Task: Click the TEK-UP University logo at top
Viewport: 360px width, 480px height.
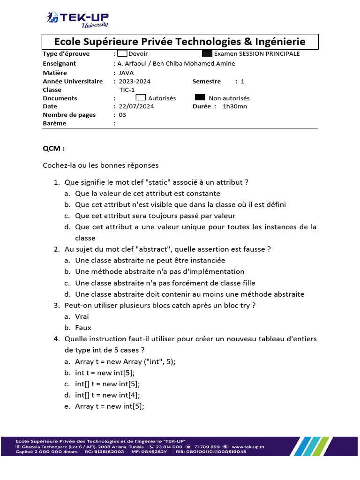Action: [78, 19]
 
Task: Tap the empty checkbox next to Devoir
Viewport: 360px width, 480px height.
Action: [122, 53]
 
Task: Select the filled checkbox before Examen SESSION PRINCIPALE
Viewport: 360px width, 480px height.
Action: [207, 53]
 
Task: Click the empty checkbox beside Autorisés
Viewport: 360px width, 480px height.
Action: [141, 97]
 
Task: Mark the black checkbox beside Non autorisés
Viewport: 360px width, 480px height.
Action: [200, 97]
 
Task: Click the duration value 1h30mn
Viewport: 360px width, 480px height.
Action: [235, 106]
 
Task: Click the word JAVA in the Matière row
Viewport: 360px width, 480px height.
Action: [126, 73]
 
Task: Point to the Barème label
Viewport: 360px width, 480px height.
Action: [54, 123]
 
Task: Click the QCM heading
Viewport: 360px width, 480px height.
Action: [54, 149]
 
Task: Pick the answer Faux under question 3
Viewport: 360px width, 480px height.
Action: [83, 328]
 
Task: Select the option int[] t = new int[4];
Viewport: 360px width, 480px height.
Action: [107, 395]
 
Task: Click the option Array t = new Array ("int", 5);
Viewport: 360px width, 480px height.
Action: [125, 361]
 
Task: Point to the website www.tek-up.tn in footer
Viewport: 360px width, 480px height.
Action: [248, 447]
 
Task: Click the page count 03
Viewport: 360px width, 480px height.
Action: [122, 115]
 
